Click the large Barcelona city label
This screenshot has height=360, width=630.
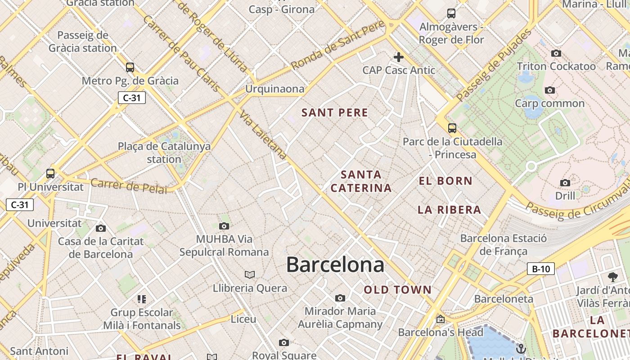[x=335, y=264]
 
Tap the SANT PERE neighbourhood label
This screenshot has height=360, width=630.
[x=335, y=112]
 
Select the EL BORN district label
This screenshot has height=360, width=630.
[x=445, y=181]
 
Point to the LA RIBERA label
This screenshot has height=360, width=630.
[x=449, y=210]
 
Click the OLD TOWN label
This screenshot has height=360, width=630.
[x=398, y=290]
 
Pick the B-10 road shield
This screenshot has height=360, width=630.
[x=540, y=269]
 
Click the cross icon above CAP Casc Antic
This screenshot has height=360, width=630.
[x=398, y=57]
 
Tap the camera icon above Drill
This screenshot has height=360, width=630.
[x=565, y=183]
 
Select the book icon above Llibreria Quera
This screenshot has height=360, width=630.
[x=250, y=274]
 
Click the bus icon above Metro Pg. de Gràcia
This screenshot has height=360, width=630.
[x=130, y=67]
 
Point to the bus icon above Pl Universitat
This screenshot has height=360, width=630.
[x=50, y=173]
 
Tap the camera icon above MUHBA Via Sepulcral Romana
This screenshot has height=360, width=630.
[x=224, y=226]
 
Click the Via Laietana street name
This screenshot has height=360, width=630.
[x=264, y=136]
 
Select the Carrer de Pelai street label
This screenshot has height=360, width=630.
[x=128, y=186]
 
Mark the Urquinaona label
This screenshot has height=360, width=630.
[x=274, y=89]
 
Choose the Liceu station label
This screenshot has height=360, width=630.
[x=243, y=319]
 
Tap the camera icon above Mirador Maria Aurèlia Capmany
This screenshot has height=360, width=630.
[x=340, y=298]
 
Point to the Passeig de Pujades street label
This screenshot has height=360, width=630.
[x=494, y=65]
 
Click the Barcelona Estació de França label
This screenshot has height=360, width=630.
[x=503, y=244]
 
